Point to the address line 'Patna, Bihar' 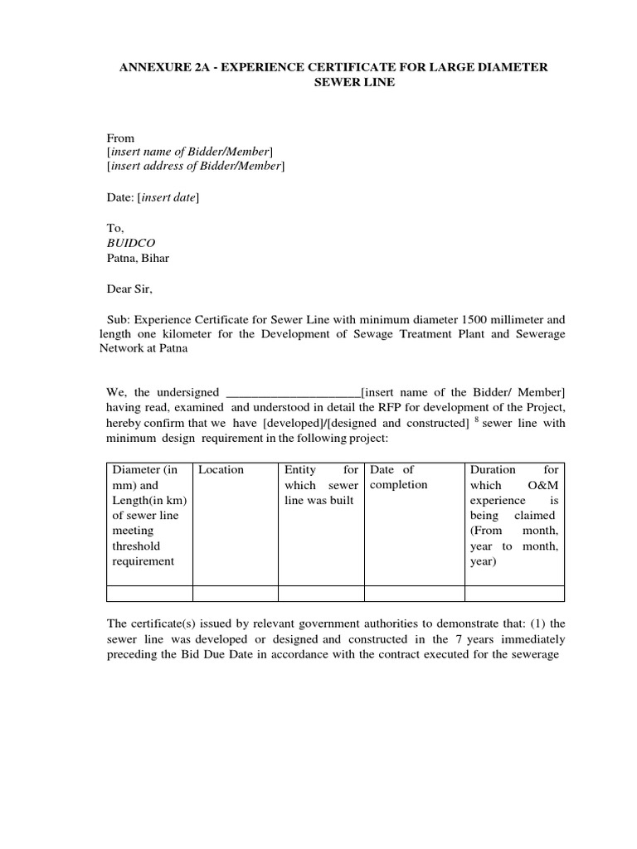[139, 258]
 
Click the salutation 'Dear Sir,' [130, 289]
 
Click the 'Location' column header [221, 470]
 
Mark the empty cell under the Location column [235, 593]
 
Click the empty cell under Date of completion [414, 593]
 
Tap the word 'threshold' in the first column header [137, 546]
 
